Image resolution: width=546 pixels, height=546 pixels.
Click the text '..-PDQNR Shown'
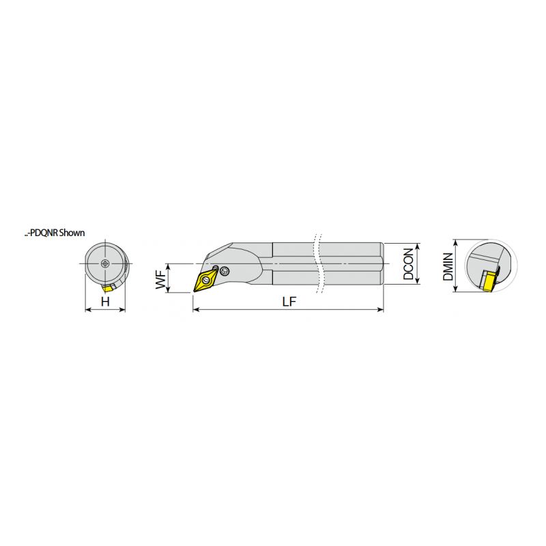(x=55, y=233)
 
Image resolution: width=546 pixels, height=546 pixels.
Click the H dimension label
(x=105, y=302)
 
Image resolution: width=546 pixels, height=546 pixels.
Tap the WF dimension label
(x=160, y=280)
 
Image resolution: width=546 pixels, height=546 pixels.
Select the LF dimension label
(x=289, y=302)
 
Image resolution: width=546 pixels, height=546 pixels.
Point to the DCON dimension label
(x=408, y=264)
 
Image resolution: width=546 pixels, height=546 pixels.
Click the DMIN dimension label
(x=448, y=266)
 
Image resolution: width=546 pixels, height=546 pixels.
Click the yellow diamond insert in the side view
(x=206, y=280)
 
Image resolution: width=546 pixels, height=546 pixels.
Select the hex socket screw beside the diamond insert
(x=225, y=270)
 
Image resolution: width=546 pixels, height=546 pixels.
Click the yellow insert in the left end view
(x=108, y=287)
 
